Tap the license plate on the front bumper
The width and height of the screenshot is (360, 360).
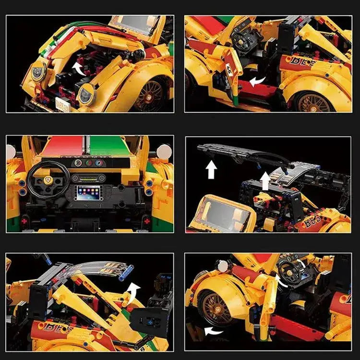pyautogui.click(x=61, y=102)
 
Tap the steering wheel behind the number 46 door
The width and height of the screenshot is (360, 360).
pyautogui.click(x=240, y=36)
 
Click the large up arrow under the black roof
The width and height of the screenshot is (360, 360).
pyautogui.click(x=211, y=169)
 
